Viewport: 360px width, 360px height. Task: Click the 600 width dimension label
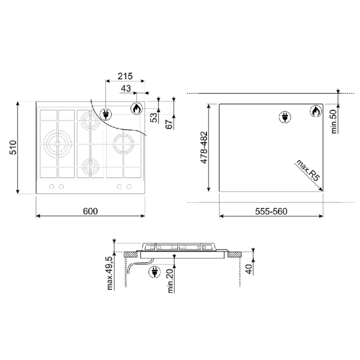(x=90, y=211)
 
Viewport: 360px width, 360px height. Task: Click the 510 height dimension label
(x=13, y=147)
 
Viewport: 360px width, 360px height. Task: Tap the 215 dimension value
(x=125, y=76)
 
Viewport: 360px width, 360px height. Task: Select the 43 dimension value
(x=126, y=89)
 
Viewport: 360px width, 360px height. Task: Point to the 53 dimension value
(x=154, y=117)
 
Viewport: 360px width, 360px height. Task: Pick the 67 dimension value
(x=169, y=124)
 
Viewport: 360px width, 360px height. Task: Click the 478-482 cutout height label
(x=204, y=147)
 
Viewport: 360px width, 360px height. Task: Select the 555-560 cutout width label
(x=271, y=211)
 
